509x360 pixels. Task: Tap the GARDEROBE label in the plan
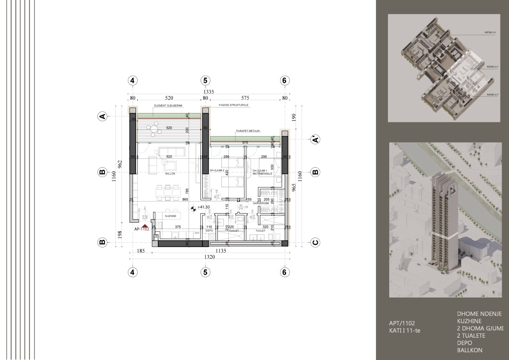coord(260,203)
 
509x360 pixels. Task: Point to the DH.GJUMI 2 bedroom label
coord(217,170)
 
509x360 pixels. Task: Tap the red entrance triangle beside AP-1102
coord(145,226)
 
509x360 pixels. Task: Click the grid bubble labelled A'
coord(315,139)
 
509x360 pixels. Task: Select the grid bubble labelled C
coord(315,242)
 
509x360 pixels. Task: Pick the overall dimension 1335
coord(208,92)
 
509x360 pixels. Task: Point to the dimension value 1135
coord(221,251)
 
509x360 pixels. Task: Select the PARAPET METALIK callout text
coord(248,131)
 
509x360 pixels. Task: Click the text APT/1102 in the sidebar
coord(402,323)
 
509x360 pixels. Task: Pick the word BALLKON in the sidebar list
coord(470,350)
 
